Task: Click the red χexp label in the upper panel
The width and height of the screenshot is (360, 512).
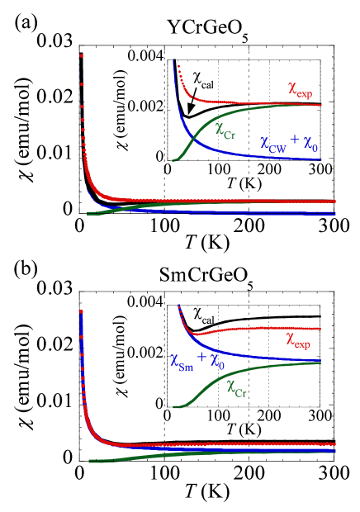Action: (299, 88)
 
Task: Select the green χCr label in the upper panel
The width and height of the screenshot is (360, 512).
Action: (225, 130)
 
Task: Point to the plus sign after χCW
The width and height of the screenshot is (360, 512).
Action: (294, 142)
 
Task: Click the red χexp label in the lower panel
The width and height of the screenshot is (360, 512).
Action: (298, 339)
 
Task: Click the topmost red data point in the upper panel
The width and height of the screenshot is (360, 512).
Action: (81, 55)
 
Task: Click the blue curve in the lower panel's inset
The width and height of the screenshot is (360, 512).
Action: (248, 354)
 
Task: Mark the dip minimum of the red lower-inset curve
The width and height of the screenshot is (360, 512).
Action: (195, 334)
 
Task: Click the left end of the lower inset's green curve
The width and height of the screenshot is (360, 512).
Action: (173, 407)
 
